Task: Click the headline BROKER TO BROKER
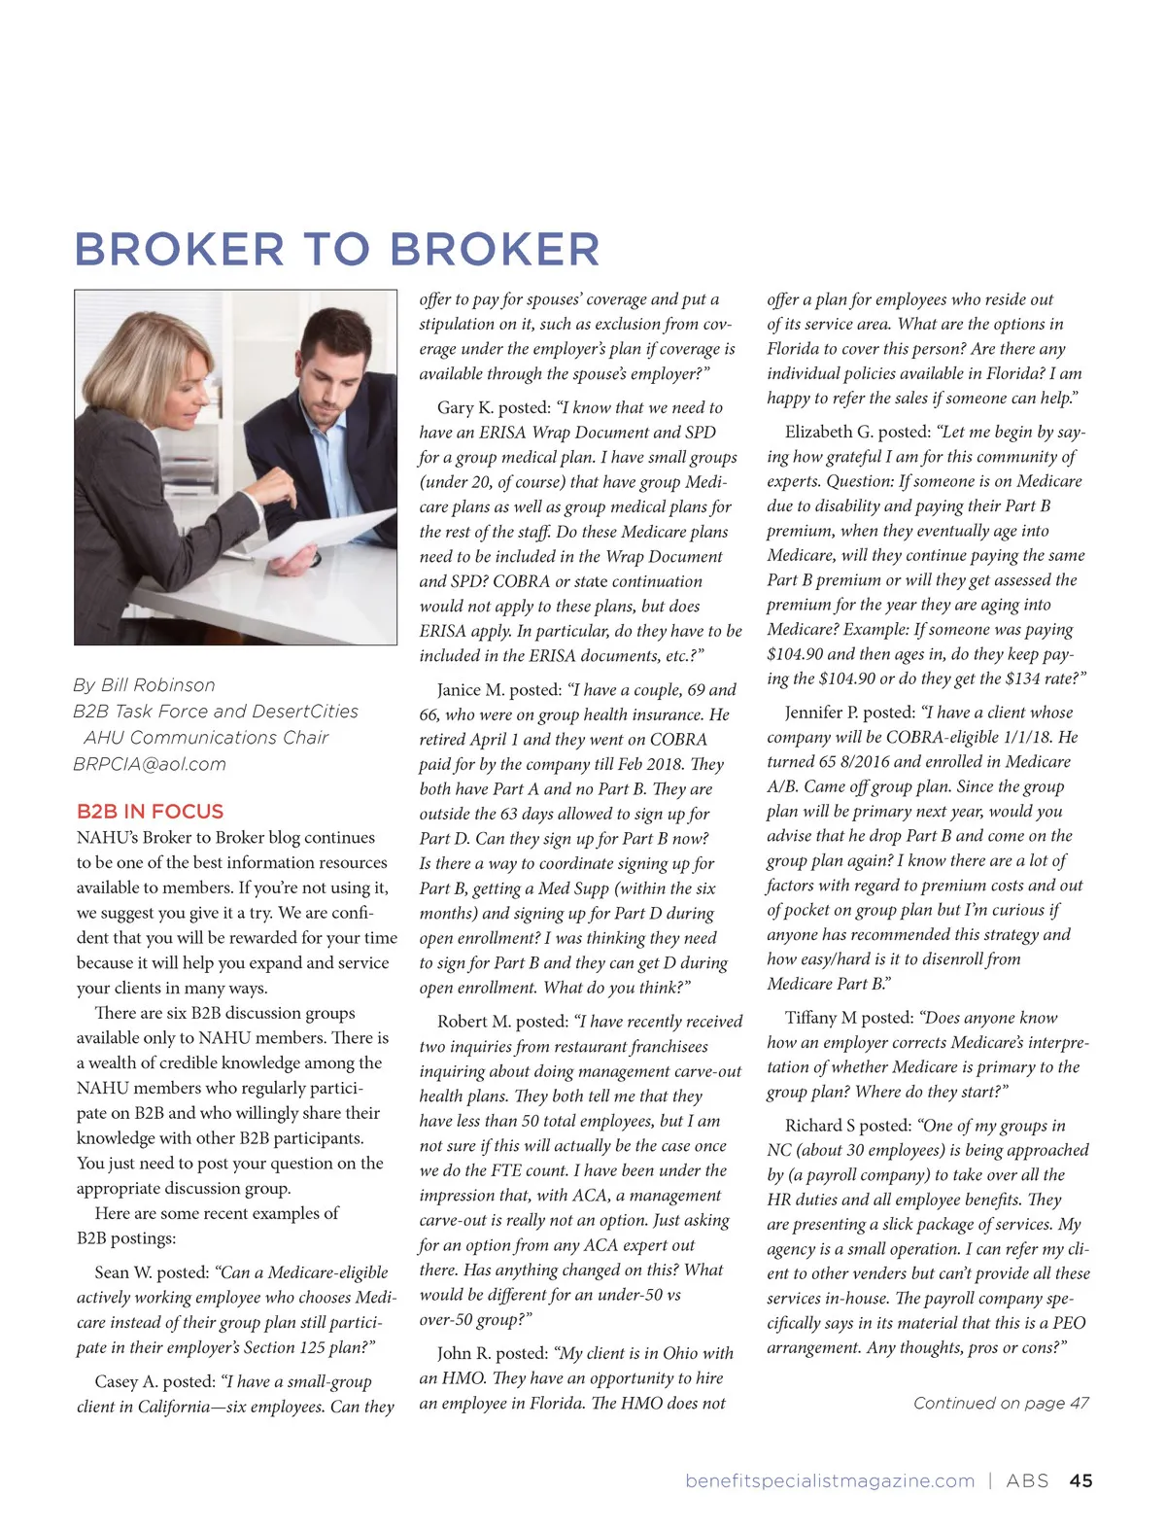pyautogui.click(x=337, y=249)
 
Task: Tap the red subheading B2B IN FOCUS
pyautogui.click(x=150, y=812)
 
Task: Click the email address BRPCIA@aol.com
pyautogui.click(x=150, y=764)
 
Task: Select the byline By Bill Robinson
pyautogui.click(x=144, y=685)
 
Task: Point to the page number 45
pyautogui.click(x=1080, y=1480)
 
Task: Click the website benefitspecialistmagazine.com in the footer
pyautogui.click(x=830, y=1480)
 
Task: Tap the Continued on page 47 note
pyautogui.click(x=1001, y=1403)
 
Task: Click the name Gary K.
pyautogui.click(x=464, y=408)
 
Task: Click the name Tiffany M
pyautogui.click(x=821, y=1018)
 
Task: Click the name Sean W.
pyautogui.click(x=123, y=1272)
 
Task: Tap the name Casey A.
pyautogui.click(x=126, y=1381)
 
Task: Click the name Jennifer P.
pyautogui.click(x=821, y=713)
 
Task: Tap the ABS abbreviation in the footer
pyautogui.click(x=1027, y=1480)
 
